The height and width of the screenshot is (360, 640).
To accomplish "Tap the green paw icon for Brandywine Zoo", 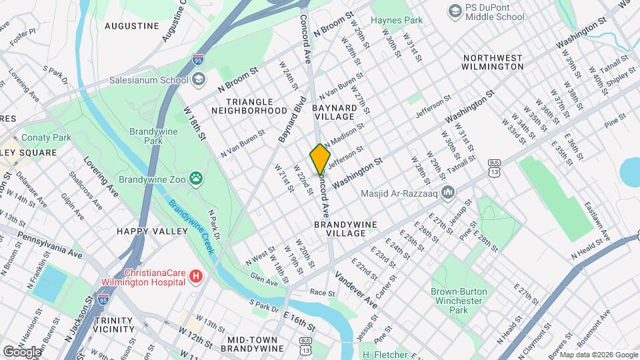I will (196, 178).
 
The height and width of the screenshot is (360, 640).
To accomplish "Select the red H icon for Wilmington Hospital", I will (195, 275).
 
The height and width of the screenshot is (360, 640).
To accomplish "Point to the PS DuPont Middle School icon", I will (455, 11).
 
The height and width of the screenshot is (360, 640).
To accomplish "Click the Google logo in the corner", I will (22, 351).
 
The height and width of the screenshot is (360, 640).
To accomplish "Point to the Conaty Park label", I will (46, 137).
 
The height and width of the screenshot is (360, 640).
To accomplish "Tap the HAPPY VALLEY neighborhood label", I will (153, 231).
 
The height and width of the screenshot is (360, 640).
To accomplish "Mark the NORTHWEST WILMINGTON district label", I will (493, 62).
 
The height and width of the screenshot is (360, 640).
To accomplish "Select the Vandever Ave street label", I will (356, 290).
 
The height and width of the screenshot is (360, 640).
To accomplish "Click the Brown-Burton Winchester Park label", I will (459, 301).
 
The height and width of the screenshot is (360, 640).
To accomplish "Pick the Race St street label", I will (322, 293).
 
